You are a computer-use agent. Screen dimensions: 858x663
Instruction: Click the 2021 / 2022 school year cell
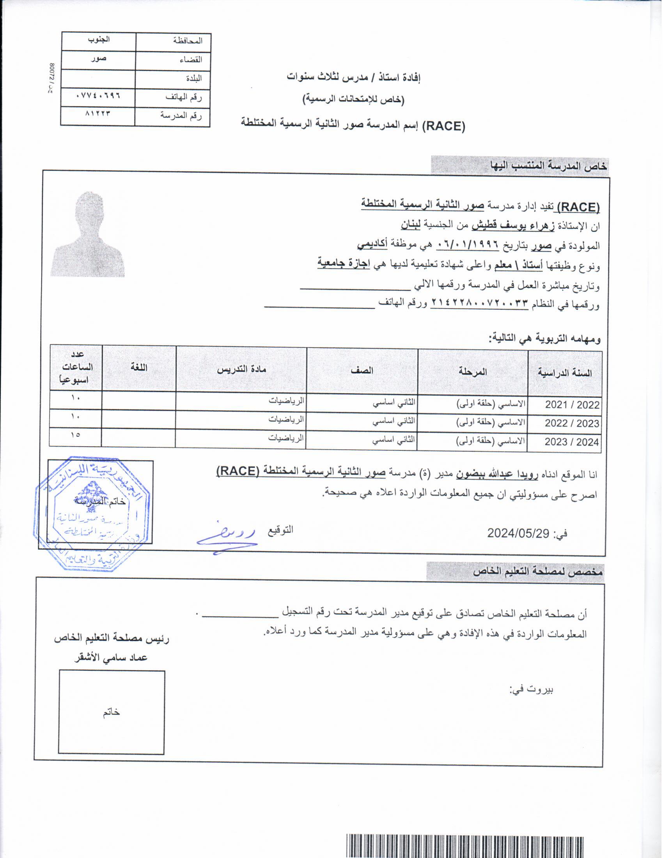coord(572,405)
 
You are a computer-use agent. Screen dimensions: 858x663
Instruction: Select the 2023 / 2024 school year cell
coord(571,442)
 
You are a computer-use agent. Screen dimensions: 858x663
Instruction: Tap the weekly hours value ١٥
coord(75,434)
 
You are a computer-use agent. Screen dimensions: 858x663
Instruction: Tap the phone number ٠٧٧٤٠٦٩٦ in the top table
coord(98,96)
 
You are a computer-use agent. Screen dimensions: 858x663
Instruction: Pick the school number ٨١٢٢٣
coord(98,113)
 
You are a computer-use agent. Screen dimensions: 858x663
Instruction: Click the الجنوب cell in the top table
coord(99,40)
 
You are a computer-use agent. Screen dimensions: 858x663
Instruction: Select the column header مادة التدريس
coord(241,369)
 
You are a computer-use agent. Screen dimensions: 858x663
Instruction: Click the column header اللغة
coord(139,368)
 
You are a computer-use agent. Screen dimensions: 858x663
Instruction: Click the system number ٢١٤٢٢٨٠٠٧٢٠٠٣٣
coord(479,303)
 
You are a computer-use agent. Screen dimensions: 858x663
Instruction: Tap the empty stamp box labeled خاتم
coord(112,712)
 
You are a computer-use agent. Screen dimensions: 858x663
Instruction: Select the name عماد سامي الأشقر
coord(111,658)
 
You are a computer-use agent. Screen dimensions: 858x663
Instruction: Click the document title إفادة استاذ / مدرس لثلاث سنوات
coord(353,78)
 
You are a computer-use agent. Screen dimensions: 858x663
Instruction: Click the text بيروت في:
coord(532,690)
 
